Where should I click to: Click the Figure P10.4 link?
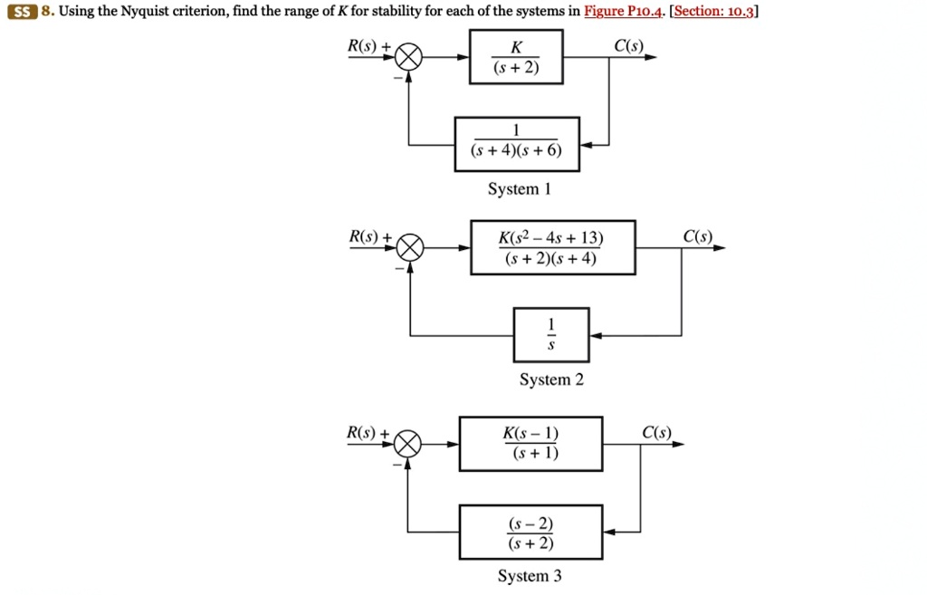625,12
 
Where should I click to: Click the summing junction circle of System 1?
409,58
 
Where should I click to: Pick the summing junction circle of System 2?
410,247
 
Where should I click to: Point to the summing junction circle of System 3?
408,445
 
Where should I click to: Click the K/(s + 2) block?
516,57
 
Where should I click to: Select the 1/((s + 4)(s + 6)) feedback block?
517,144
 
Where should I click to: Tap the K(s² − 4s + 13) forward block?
552,247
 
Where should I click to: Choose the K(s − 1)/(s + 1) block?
530,444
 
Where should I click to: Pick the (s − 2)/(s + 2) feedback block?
530,533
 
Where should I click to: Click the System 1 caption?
519,189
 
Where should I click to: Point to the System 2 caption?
551,379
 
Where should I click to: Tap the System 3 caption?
530,576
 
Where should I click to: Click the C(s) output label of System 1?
627,45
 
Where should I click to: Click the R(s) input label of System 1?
365,46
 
